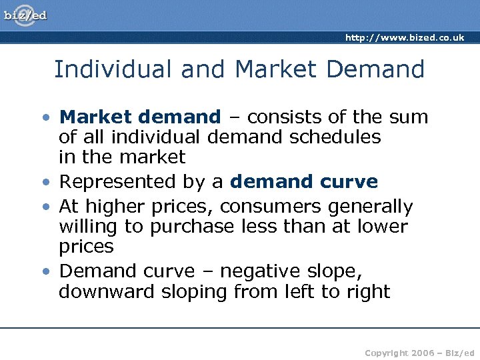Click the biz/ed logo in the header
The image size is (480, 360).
[26, 15]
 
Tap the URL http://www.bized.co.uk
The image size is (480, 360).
[405, 38]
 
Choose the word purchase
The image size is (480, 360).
[192, 227]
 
